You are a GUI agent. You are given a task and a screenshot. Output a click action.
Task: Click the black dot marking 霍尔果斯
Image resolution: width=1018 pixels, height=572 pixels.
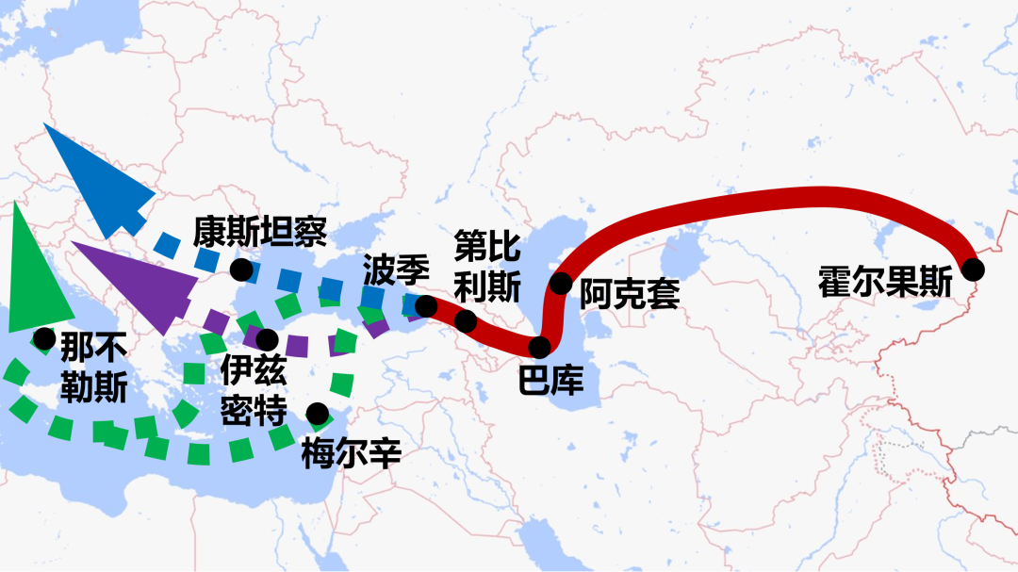point(973,270)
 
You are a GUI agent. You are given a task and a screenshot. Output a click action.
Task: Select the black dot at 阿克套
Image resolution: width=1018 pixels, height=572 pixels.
point(561,282)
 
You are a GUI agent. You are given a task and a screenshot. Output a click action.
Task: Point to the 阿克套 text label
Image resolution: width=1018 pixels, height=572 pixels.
point(629,294)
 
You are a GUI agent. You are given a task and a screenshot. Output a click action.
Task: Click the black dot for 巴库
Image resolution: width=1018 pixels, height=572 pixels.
point(539,348)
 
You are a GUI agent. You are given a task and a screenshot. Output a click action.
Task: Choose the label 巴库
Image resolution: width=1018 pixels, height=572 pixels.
point(551,380)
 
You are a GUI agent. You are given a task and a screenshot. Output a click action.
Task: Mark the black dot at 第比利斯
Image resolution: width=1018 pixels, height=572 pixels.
point(466,321)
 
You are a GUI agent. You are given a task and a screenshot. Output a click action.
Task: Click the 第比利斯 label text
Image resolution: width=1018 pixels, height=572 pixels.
point(486,266)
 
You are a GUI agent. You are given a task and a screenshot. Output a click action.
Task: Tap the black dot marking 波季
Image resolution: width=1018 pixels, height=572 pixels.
point(426,305)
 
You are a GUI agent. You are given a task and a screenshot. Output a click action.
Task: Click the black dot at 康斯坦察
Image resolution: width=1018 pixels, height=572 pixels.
point(241,270)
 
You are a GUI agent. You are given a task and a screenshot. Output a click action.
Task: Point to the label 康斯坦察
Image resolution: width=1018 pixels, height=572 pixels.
point(260,231)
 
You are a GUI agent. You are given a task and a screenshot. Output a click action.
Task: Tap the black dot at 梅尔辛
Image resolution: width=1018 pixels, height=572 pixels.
point(318,413)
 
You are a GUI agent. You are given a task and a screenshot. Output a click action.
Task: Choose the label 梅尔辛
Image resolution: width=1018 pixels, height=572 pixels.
point(352,453)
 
